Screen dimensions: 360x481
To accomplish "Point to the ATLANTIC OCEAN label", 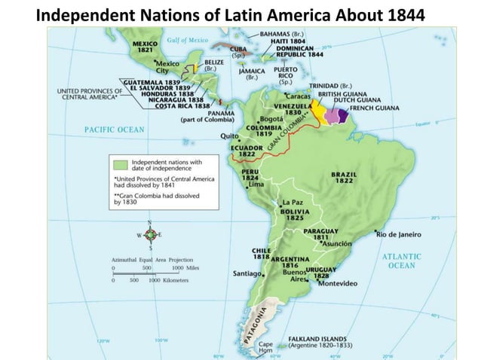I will (403, 261).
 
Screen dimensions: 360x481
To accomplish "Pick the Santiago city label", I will (247, 273).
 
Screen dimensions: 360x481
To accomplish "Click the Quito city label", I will (228, 136).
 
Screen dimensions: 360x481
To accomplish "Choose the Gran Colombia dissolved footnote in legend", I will (142, 198).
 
